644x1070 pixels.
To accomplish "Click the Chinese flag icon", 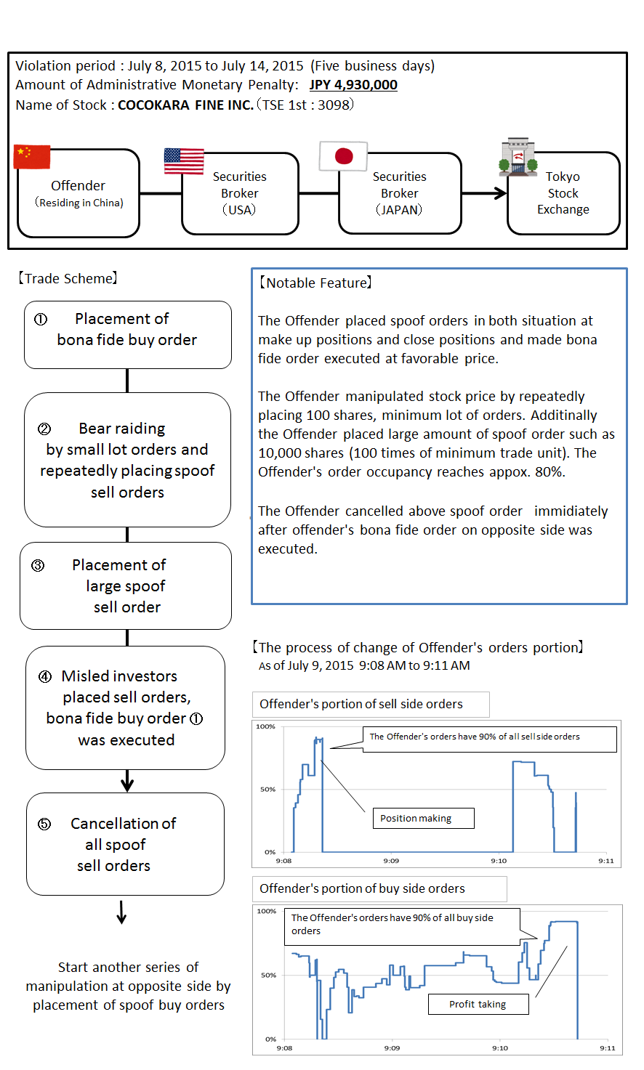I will (x=32, y=157).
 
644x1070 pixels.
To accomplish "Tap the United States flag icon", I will (x=184, y=161).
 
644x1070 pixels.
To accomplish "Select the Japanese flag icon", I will (x=344, y=156).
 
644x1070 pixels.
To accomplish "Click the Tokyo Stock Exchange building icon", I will (x=518, y=158).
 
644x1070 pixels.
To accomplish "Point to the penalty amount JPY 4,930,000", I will (x=353, y=85).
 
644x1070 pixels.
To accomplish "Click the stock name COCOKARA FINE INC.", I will (x=185, y=105).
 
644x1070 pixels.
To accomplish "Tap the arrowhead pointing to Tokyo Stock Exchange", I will (x=500, y=193).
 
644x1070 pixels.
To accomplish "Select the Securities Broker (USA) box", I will (x=240, y=193).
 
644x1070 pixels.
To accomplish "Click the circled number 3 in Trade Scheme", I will (x=39, y=565).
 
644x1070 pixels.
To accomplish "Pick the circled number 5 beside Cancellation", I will (x=44, y=824).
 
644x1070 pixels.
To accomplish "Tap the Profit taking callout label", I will (x=478, y=1005).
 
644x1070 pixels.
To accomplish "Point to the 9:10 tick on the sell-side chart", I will (x=499, y=861).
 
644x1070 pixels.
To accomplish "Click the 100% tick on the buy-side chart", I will (x=267, y=912).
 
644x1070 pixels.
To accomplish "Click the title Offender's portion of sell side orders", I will (x=361, y=704).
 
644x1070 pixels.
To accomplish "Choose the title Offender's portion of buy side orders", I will (x=362, y=888).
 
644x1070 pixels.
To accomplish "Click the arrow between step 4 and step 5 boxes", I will (x=127, y=782).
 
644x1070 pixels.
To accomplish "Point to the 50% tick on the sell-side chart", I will (x=267, y=790).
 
